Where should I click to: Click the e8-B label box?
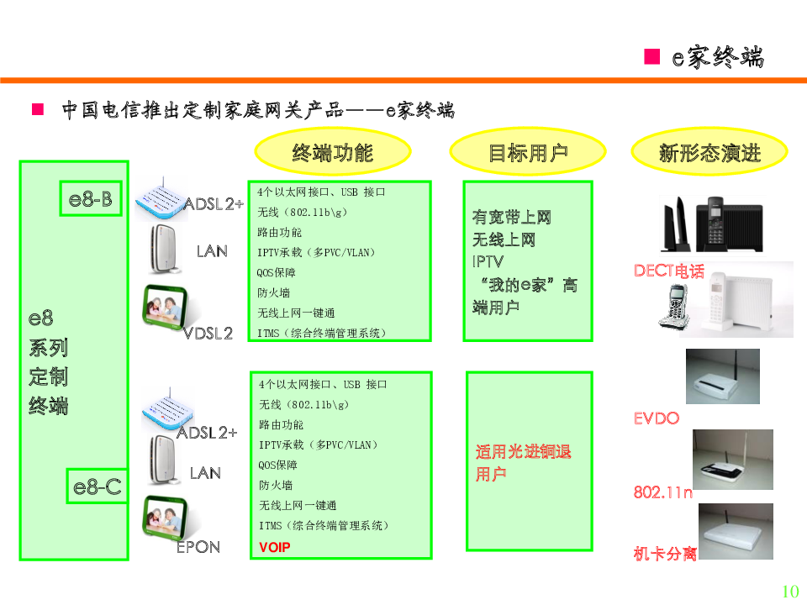91,198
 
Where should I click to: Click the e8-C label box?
98,487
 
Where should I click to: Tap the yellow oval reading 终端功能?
333,152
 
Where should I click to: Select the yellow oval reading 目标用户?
528,152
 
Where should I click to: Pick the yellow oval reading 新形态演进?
709,152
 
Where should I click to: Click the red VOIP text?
275,547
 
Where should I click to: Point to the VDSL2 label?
208,334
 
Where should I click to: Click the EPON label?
198,547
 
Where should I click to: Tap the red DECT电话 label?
669,271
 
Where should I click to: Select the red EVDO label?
657,418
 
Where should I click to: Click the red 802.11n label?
663,492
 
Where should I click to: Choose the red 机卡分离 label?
666,554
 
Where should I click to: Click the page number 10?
790,591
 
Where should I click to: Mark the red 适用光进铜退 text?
524,451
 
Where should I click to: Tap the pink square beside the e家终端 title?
652,56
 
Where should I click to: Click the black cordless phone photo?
712,224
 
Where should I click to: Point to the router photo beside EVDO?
723,376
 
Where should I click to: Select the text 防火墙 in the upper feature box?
274,292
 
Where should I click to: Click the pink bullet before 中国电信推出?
38,109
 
